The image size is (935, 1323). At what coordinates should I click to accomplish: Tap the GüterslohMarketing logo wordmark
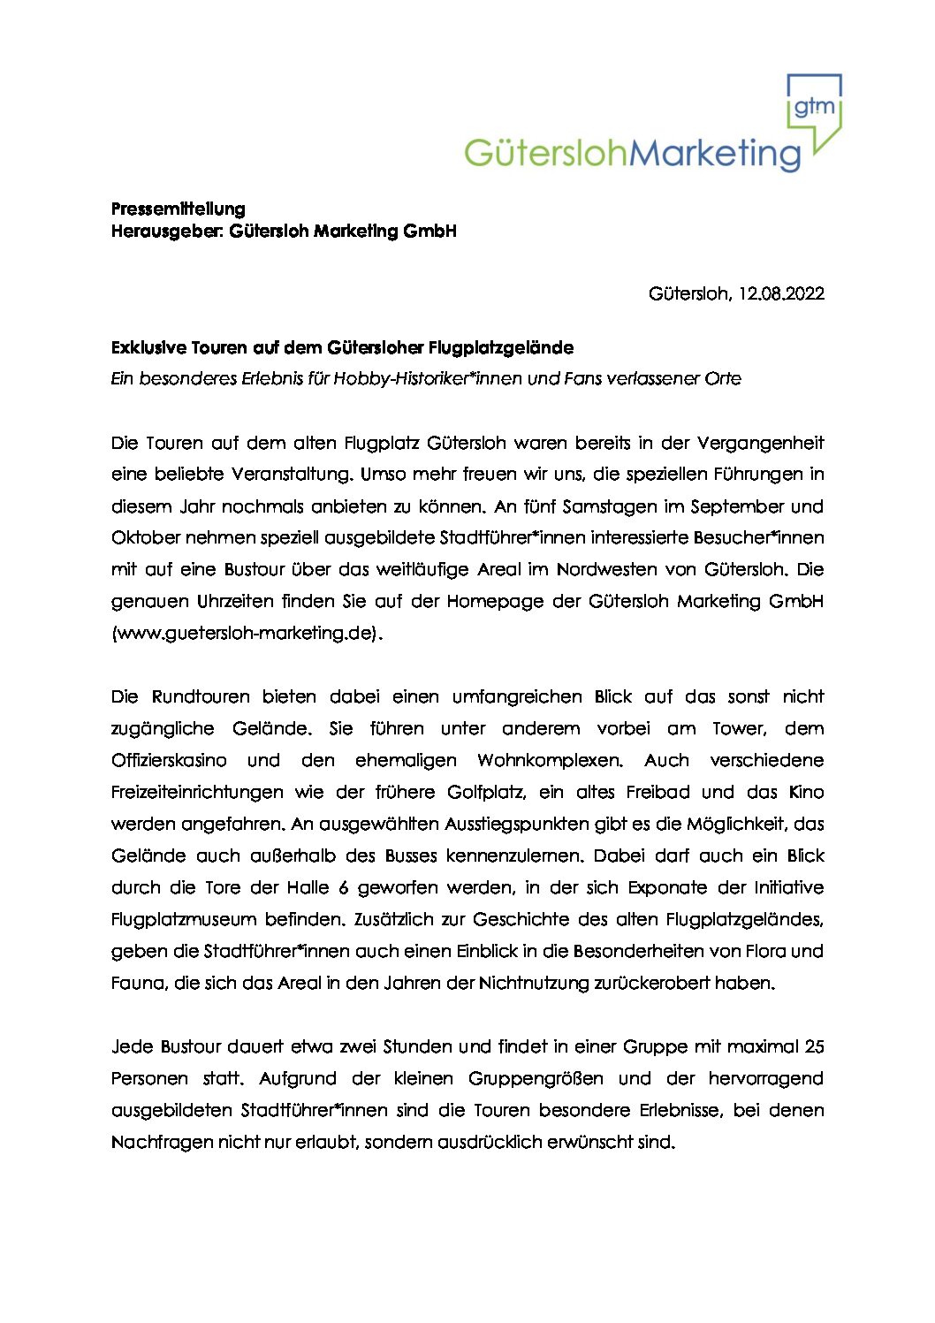tap(632, 154)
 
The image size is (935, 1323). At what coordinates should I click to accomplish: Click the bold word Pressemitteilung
tap(178, 209)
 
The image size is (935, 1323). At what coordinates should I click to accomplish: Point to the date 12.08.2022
tap(781, 293)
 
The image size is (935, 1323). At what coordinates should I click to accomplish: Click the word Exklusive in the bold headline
tap(148, 347)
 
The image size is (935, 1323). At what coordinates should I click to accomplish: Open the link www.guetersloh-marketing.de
tap(247, 633)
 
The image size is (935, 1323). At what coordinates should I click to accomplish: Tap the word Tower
tap(738, 728)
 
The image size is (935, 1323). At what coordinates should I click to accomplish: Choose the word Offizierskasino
tap(169, 760)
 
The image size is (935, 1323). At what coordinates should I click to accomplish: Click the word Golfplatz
tap(486, 792)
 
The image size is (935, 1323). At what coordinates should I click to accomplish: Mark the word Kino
tap(805, 792)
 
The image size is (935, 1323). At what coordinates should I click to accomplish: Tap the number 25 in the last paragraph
tap(814, 1046)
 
